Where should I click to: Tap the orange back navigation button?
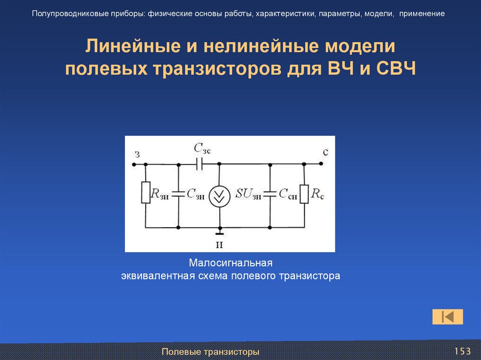tap(448, 317)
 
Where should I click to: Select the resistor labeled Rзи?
tap(145, 193)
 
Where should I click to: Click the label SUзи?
tap(248, 194)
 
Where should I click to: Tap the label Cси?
tap(287, 194)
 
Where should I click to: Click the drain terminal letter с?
tap(326, 153)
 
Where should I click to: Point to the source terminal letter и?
tap(219, 245)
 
